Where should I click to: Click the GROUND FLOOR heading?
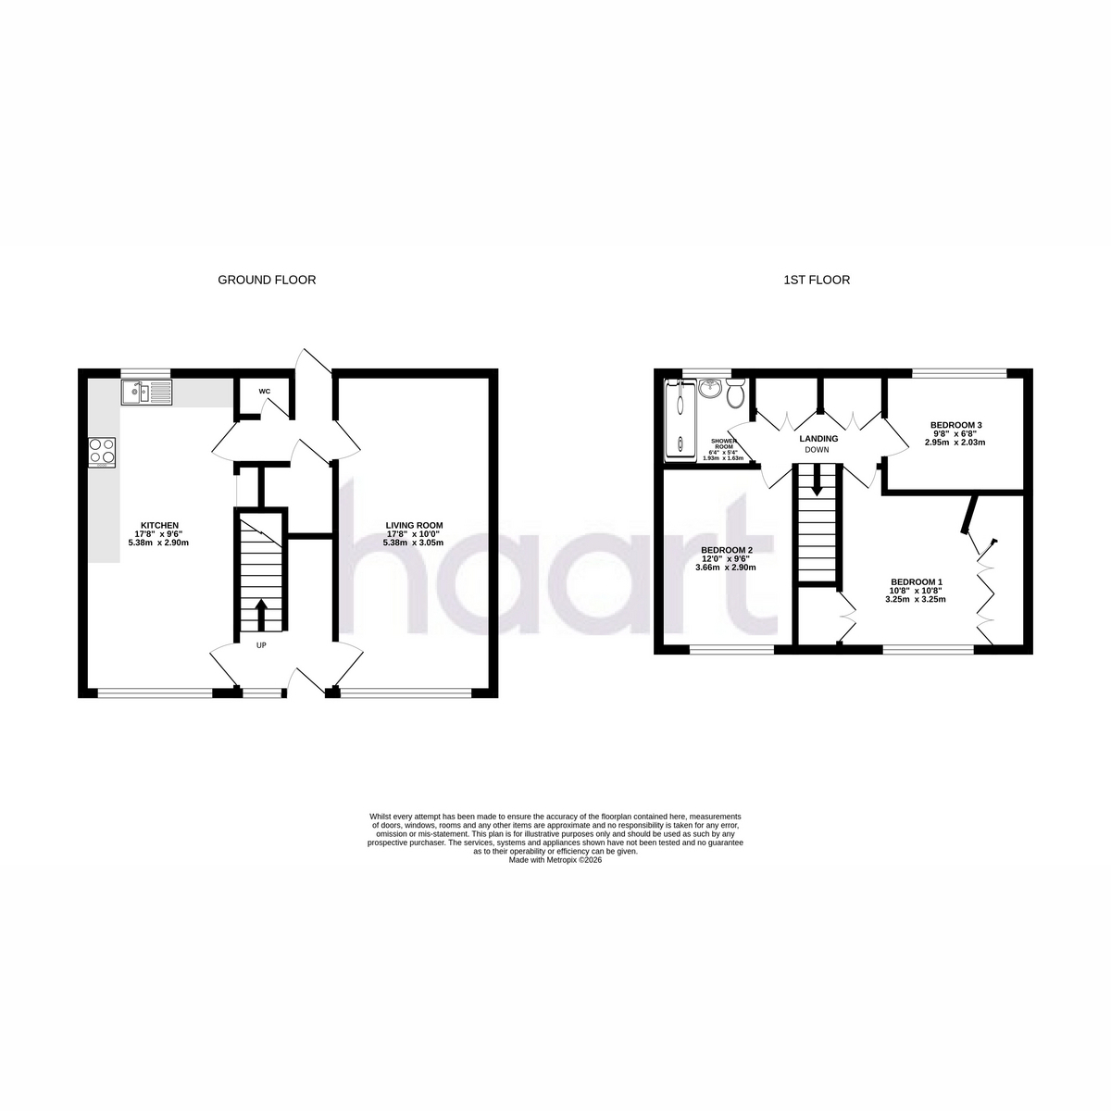(267, 281)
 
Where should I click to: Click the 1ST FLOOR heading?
(817, 281)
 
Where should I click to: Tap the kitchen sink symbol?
(146, 392)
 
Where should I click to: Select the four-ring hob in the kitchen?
(102, 453)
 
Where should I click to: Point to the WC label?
(264, 392)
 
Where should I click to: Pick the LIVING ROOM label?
(414, 525)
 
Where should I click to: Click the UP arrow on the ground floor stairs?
(260, 615)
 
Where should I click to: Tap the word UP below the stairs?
(261, 645)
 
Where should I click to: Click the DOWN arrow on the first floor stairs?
(817, 481)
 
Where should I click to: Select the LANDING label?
(818, 439)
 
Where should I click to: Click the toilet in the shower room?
(735, 393)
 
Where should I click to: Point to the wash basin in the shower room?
(710, 388)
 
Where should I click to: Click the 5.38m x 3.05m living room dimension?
(414, 543)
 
